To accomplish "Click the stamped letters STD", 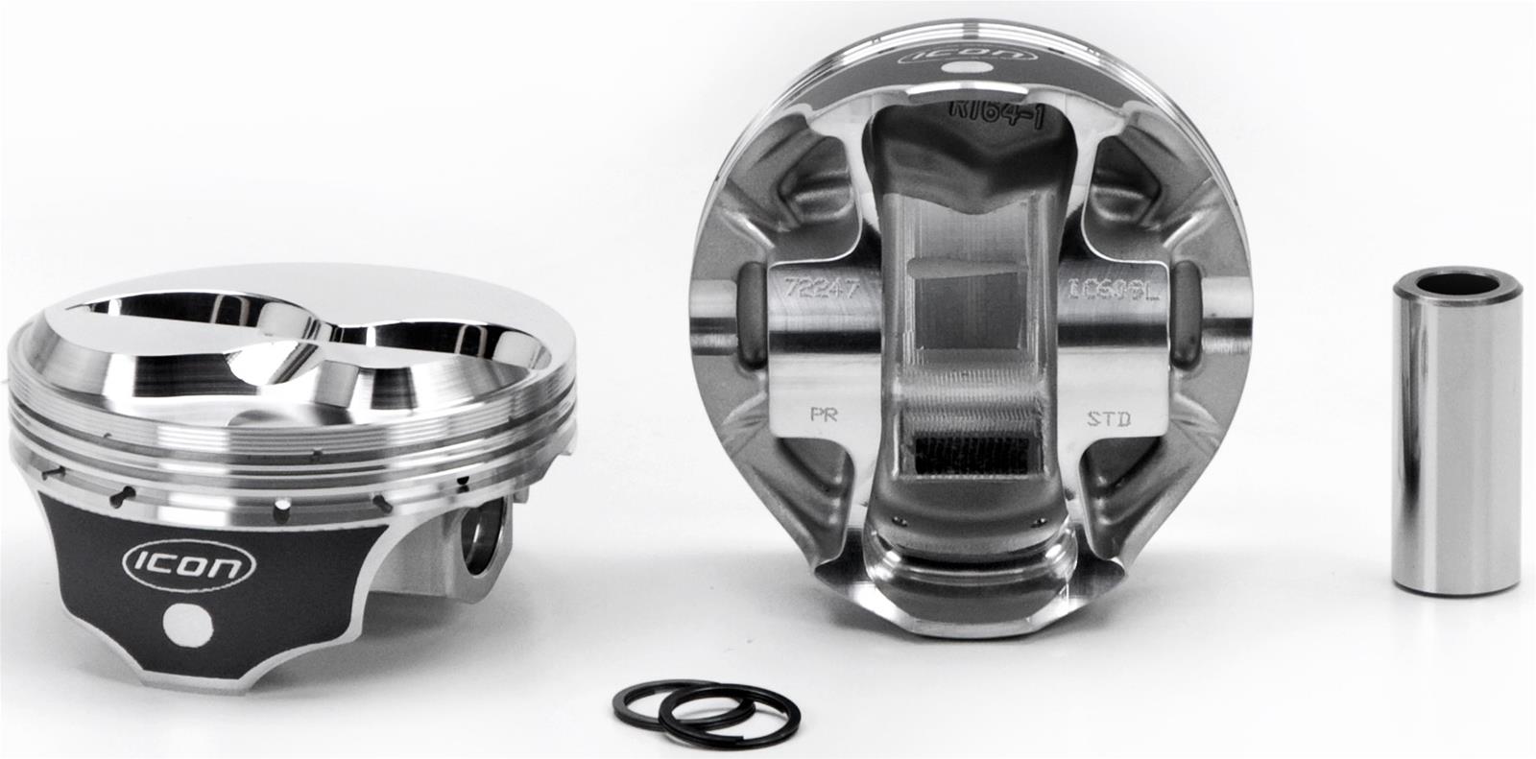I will click(x=1109, y=417).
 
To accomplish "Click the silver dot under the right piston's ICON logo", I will click(x=957, y=69).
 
